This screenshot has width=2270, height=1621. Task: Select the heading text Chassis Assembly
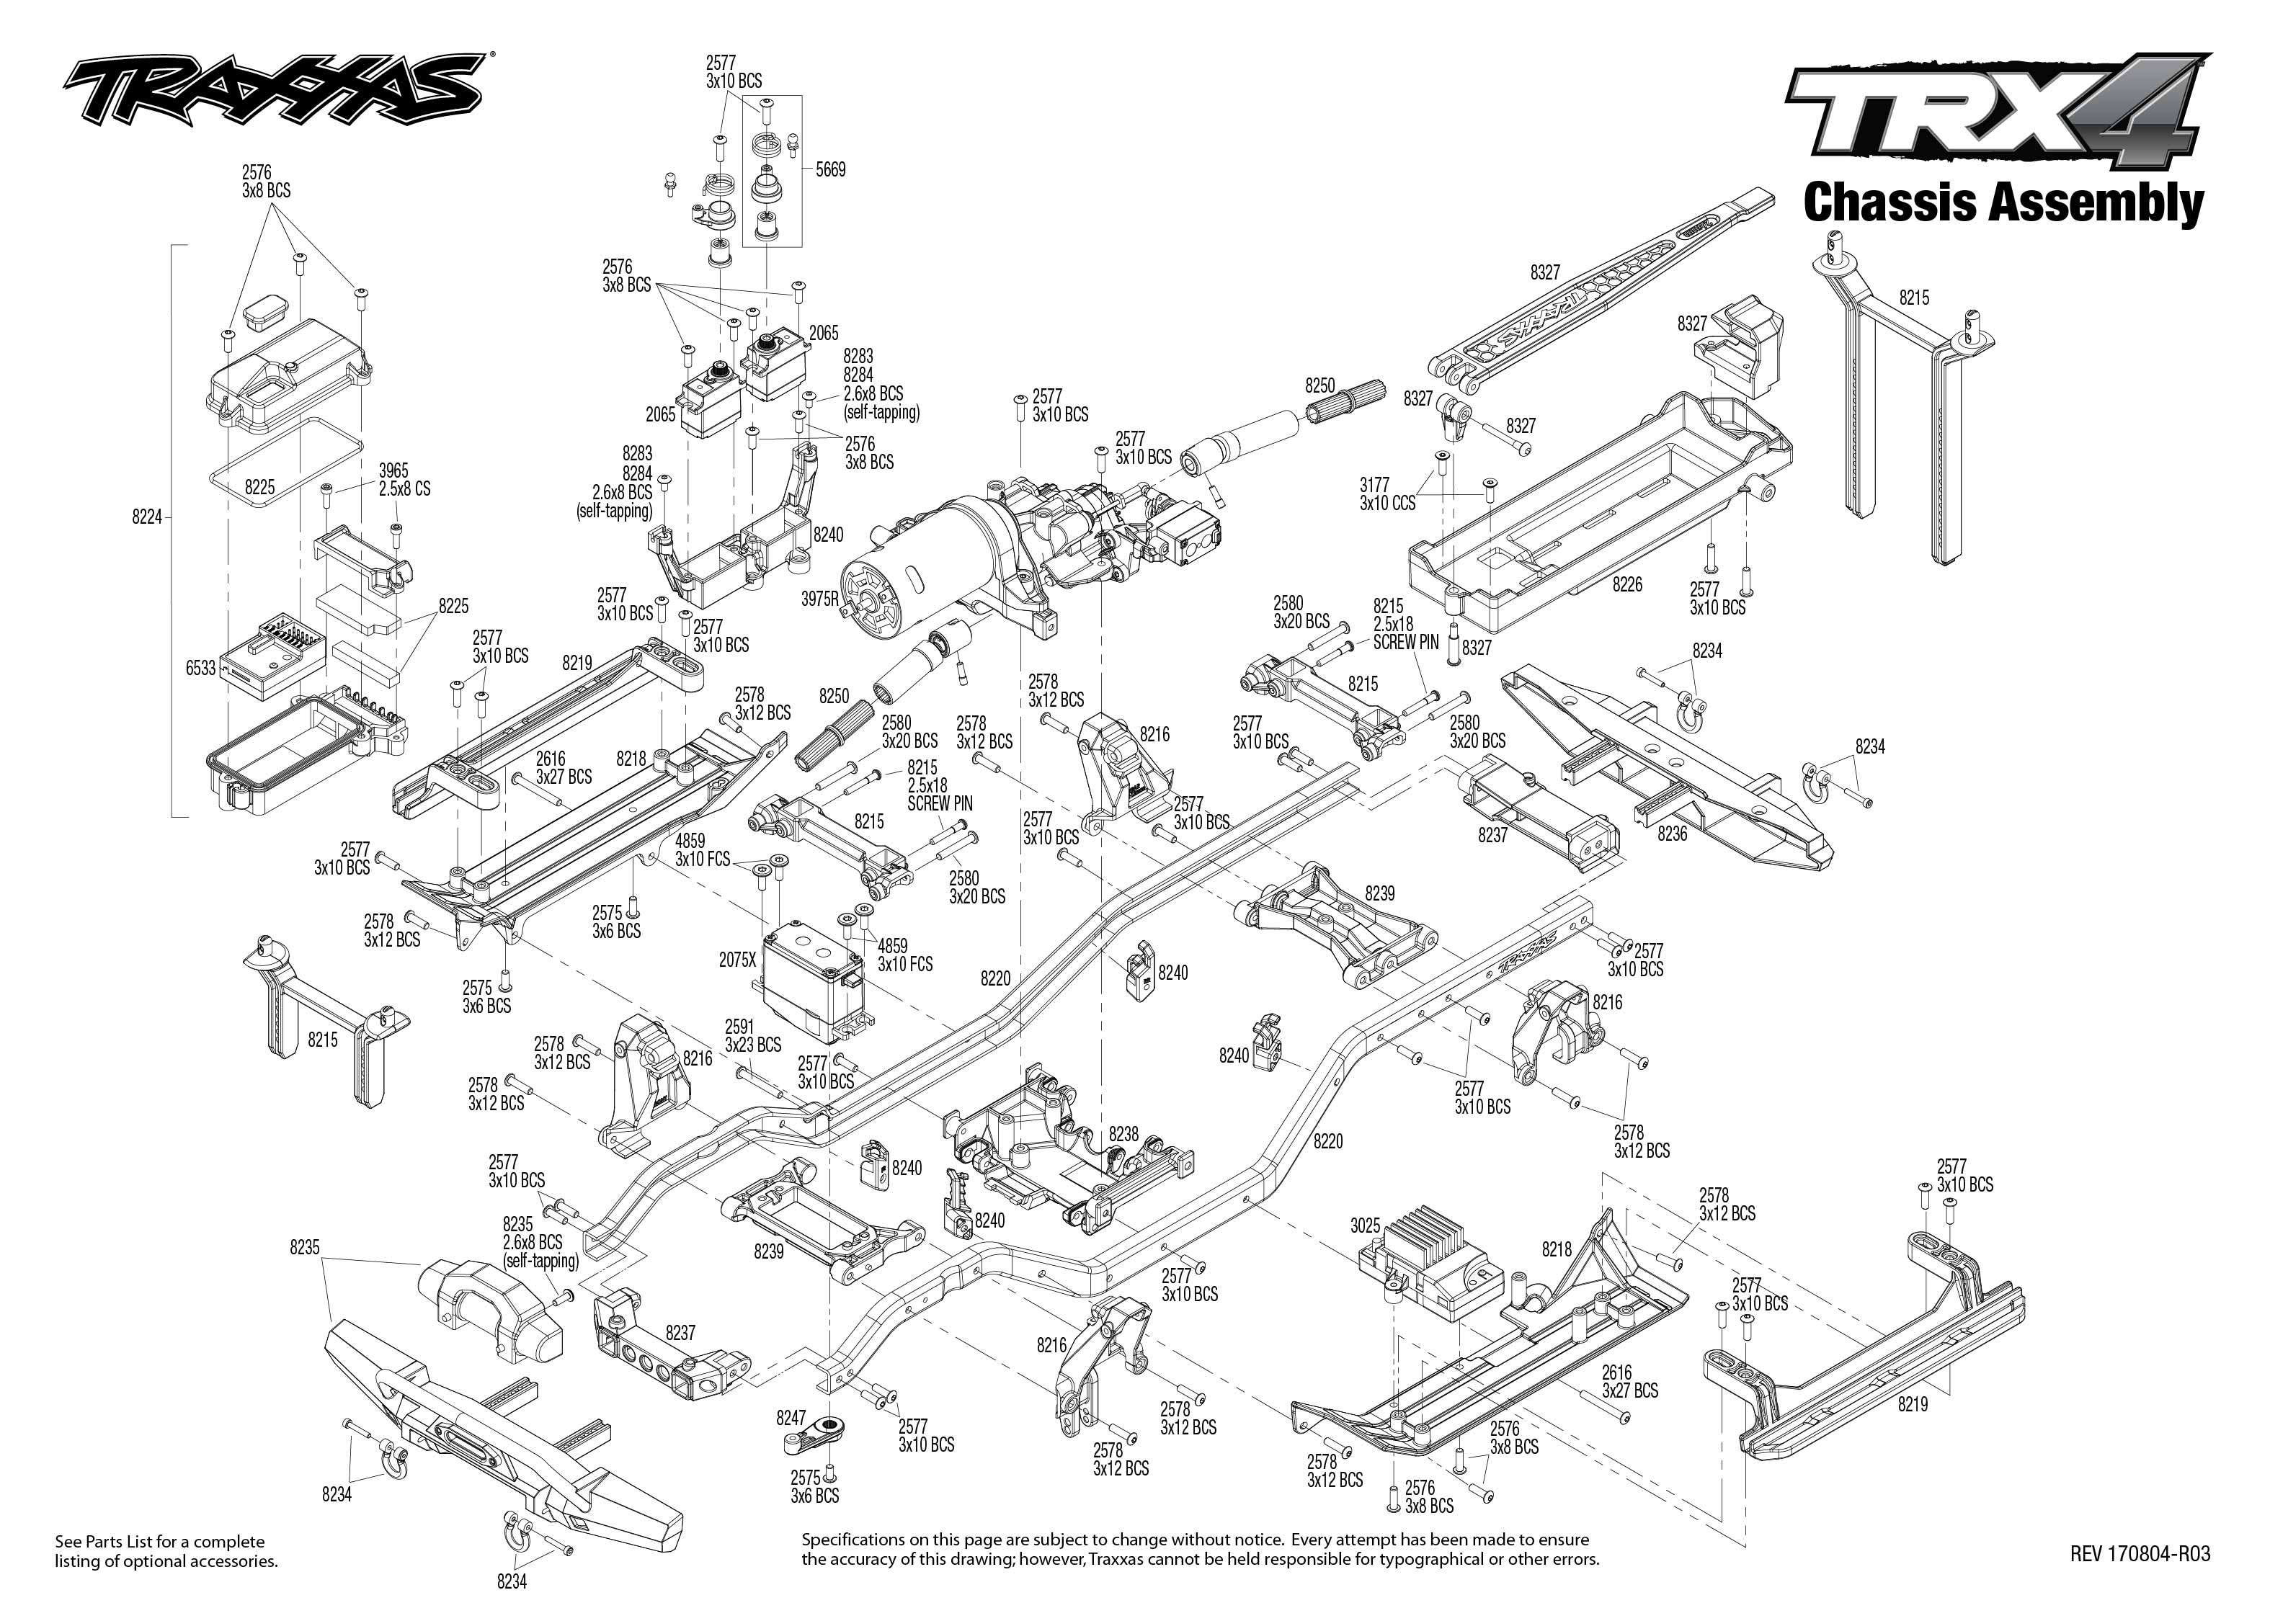coord(2003,202)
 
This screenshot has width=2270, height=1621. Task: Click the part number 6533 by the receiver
coord(200,668)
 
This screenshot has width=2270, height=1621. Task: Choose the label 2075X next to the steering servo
coord(738,959)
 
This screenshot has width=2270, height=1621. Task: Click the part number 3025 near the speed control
coord(1365,1225)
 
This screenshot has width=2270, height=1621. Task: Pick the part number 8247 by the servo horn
coord(791,1417)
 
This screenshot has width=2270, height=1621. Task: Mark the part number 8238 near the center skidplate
coord(1123,1134)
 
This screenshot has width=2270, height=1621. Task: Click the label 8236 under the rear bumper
coord(1672,834)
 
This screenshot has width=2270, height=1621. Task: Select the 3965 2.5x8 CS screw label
coord(404,480)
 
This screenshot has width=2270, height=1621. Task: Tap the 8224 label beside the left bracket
coord(147,517)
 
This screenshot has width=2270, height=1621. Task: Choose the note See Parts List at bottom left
coord(166,1551)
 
